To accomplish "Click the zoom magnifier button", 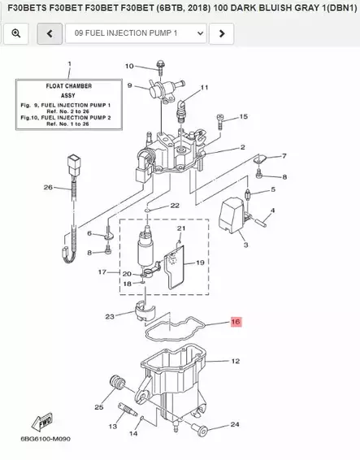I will pos(16,33).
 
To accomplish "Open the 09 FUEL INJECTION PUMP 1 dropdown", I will pos(135,33).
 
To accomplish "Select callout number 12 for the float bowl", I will pos(235,361).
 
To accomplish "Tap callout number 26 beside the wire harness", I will pos(47,188).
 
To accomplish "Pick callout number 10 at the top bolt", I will pos(129,66).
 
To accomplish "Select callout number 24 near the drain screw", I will pos(235,424).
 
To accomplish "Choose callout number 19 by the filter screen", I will pos(199,263).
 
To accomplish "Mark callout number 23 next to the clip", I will pos(110,316).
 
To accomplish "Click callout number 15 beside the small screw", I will pos(242,117).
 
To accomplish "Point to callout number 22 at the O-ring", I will pos(175,206).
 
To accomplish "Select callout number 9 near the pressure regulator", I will pos(129,85).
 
